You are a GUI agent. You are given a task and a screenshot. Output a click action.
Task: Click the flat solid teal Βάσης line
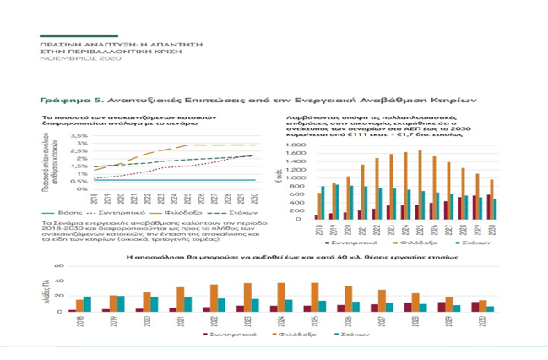(x=169, y=179)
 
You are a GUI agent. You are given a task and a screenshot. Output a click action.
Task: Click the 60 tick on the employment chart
(x=60, y=266)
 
